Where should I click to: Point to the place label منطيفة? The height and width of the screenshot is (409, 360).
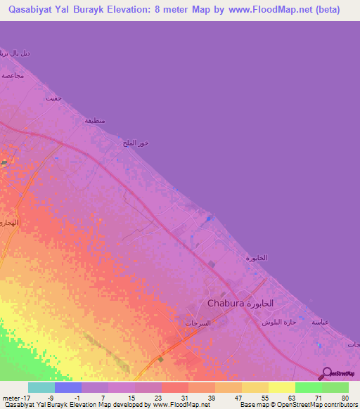pos(95,120)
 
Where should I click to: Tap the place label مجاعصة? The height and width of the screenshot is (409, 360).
pos(13,75)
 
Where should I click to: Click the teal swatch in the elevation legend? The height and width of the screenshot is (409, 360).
pos(41,387)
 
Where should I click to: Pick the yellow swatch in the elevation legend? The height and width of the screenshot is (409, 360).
pos(282,387)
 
